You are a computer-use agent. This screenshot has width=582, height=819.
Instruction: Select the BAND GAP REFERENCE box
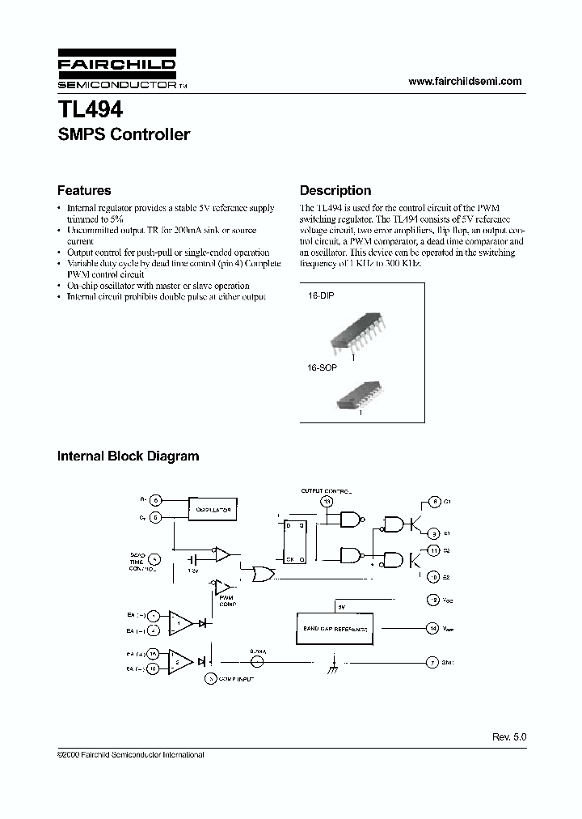334,628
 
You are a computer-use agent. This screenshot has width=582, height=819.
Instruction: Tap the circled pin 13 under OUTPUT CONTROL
327,502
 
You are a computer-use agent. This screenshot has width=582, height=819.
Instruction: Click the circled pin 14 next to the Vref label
433,628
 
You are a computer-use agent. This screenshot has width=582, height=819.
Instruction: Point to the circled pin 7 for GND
433,662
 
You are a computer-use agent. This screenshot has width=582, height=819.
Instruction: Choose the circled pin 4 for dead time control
156,558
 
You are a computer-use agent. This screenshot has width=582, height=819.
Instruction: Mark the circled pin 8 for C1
434,503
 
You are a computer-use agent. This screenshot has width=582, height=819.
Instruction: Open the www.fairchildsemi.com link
465,81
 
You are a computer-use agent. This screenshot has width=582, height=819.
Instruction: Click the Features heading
84,191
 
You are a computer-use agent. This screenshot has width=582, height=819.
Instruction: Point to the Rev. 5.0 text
508,737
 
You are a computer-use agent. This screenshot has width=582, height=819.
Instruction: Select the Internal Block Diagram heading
128,456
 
